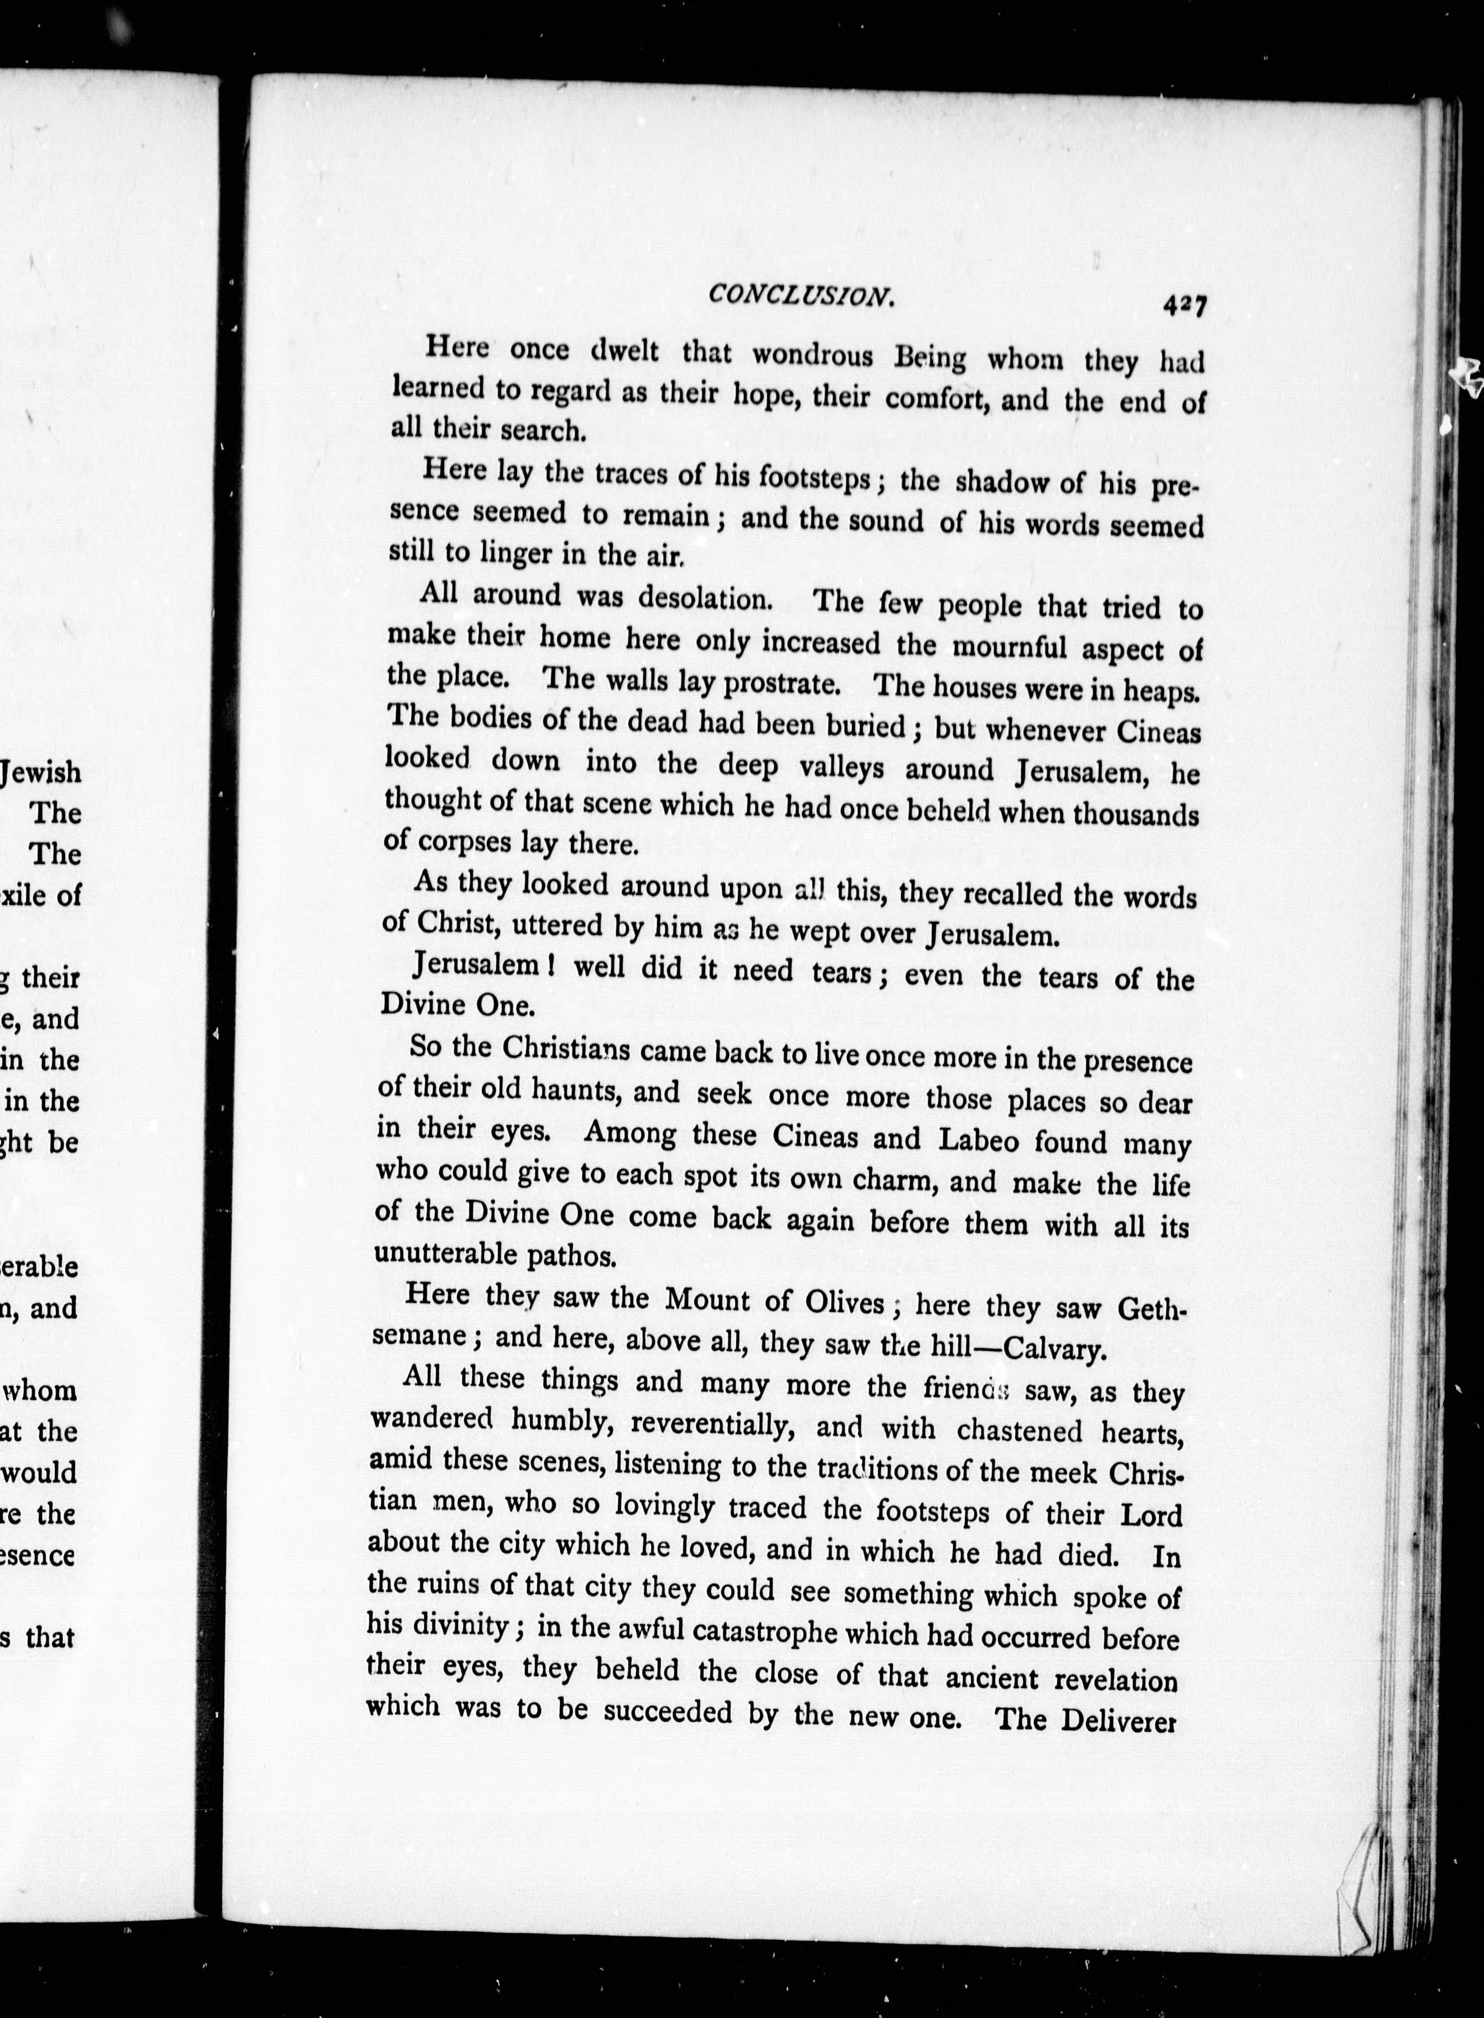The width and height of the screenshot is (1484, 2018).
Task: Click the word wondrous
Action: (x=812, y=355)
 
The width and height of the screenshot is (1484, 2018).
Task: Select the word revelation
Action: (x=1115, y=1679)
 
